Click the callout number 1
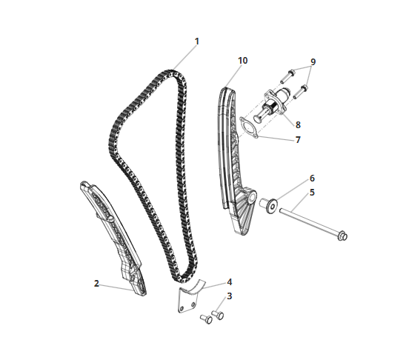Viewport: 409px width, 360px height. tap(197, 41)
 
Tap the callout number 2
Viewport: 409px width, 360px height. tap(96, 284)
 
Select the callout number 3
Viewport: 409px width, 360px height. tap(229, 296)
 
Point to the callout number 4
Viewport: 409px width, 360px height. tap(229, 282)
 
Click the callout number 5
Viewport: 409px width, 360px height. tap(312, 193)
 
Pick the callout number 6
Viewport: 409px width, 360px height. tap(312, 179)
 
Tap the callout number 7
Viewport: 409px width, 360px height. tap(298, 140)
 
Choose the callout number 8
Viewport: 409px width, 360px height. tap(298, 125)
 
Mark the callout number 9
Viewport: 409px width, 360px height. tap(313, 62)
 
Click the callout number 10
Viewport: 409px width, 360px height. tap(242, 61)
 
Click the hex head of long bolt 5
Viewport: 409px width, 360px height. tap(342, 236)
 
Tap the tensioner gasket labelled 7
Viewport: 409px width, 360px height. tap(249, 127)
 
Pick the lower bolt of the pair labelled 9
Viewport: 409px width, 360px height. tap(301, 91)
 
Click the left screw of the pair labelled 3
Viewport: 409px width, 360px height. tap(206, 319)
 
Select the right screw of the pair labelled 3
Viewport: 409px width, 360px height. tap(218, 315)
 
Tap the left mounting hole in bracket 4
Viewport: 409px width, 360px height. tap(182, 308)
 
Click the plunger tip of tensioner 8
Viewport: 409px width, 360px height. tap(257, 119)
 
